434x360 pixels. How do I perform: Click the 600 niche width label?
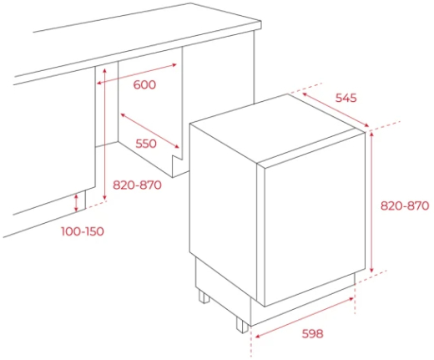144,84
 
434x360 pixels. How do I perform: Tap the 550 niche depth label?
146,144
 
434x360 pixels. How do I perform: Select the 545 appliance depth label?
346,98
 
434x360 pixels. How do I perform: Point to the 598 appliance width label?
313,333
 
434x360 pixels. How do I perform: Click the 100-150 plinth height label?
83,231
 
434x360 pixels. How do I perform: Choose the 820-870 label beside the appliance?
405,205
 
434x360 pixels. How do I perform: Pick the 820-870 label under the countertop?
137,185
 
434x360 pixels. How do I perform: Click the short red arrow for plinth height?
76,203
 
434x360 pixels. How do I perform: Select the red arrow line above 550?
150,130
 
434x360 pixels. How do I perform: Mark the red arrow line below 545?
336,109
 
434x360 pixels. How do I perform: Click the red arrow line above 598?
305,317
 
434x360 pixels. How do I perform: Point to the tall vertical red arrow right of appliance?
372,202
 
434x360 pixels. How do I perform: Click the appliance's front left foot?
242,324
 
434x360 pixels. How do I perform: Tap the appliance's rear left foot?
204,296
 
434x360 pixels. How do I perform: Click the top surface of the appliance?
277,129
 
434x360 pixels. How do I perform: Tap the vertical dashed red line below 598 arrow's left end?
251,342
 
